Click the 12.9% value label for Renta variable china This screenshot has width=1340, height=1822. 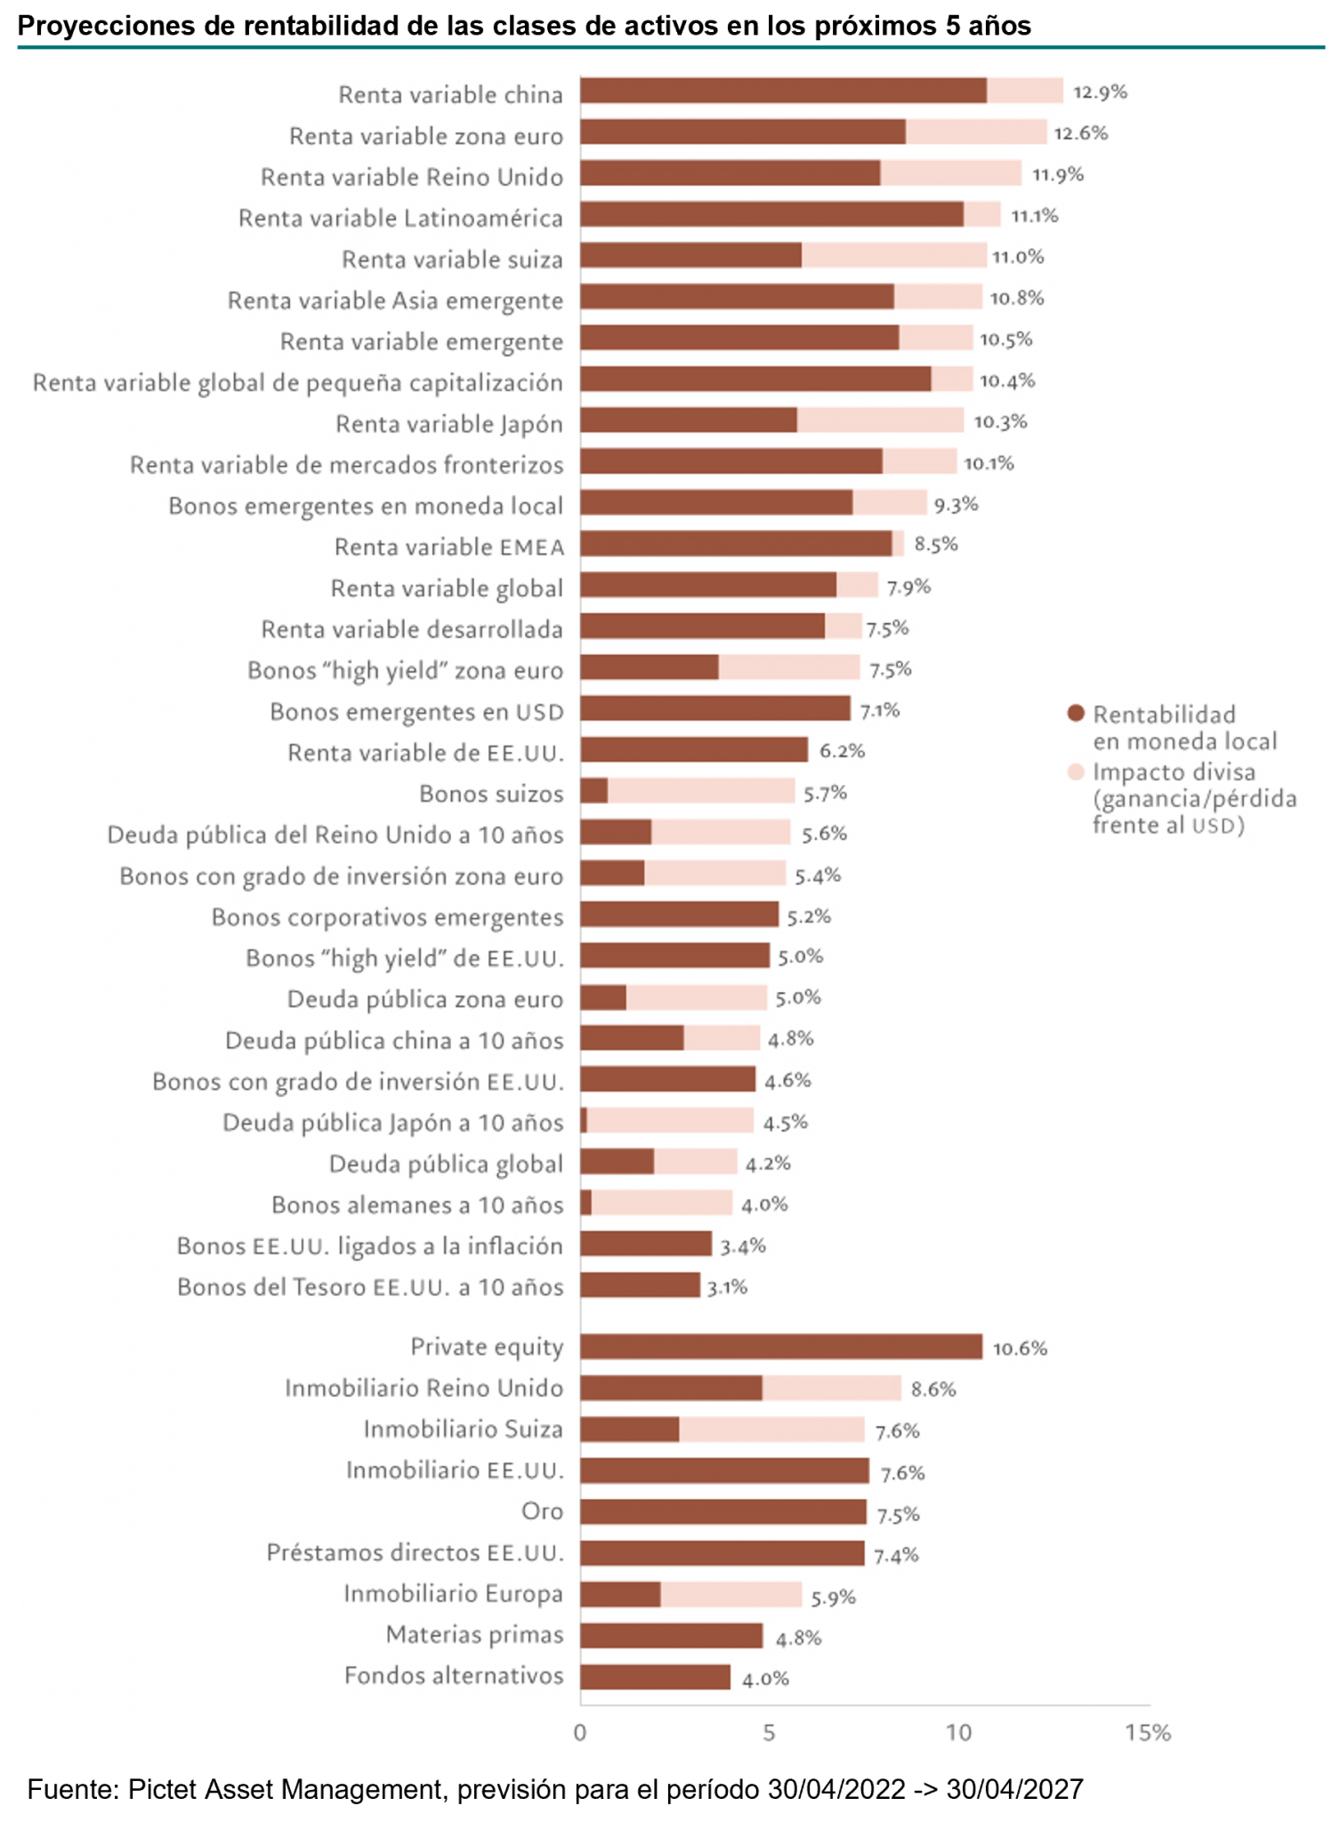click(x=1100, y=92)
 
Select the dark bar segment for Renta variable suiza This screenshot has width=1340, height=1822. click(x=690, y=256)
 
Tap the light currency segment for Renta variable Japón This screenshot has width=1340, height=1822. click(x=880, y=421)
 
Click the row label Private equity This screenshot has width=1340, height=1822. click(x=486, y=1347)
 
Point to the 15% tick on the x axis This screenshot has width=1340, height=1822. click(x=1147, y=1732)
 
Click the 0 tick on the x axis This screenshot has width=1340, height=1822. click(x=580, y=1732)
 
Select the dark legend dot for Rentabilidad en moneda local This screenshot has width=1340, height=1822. click(x=1076, y=713)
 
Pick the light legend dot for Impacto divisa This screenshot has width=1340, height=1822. click(x=1076, y=771)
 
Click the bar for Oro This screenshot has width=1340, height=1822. click(x=723, y=1512)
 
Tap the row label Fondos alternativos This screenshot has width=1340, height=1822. click(x=454, y=1676)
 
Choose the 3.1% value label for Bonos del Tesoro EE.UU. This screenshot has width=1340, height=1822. click(x=727, y=1286)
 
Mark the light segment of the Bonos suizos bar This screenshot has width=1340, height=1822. click(x=701, y=791)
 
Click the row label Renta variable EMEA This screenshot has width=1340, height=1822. click(x=448, y=547)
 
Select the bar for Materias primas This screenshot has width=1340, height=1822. click(x=672, y=1635)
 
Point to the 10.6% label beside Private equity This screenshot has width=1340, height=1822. click(x=1020, y=1348)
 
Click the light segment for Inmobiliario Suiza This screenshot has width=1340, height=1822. click(x=771, y=1430)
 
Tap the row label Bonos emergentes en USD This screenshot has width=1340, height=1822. click(x=416, y=712)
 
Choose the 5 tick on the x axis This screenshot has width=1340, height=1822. click(x=769, y=1732)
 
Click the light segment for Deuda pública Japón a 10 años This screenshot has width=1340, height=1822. click(x=670, y=1121)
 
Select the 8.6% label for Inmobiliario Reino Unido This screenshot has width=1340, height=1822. click(x=932, y=1389)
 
